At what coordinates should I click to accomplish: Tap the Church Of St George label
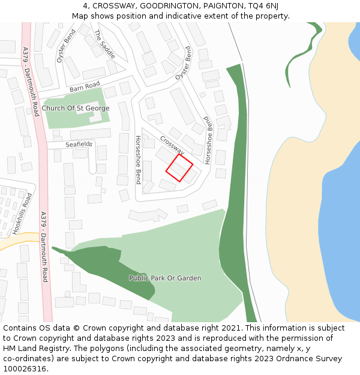pyautogui.click(x=76, y=108)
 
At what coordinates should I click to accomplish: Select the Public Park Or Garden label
pyautogui.click(x=165, y=278)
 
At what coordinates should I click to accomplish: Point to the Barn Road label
pyautogui.click(x=85, y=88)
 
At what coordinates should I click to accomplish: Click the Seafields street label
pyautogui.click(x=79, y=144)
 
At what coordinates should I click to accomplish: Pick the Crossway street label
pyautogui.click(x=172, y=145)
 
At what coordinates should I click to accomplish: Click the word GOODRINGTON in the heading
pyautogui.click(x=160, y=6)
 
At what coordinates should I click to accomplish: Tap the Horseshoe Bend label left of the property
pyautogui.click(x=138, y=160)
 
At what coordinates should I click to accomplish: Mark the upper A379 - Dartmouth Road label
pyautogui.click(x=31, y=82)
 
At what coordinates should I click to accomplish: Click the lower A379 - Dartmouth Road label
pyautogui.click(x=44, y=246)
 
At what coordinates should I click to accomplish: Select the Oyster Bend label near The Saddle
pyautogui.click(x=65, y=47)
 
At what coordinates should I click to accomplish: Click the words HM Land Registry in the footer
pyautogui.click(x=32, y=348)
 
